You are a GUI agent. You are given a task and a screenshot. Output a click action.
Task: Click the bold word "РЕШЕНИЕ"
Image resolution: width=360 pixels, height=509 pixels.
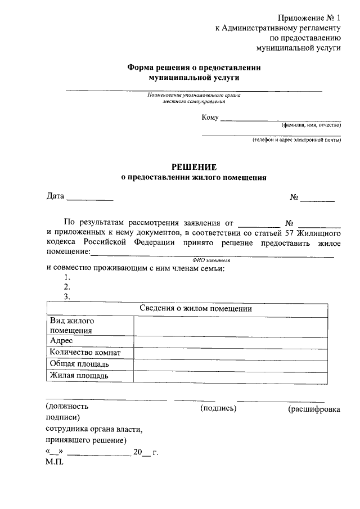pyautogui.click(x=193, y=166)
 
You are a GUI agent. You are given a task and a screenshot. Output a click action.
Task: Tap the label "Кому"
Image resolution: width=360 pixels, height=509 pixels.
pyautogui.click(x=210, y=118)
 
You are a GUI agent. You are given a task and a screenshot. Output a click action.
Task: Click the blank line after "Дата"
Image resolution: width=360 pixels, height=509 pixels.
pyautogui.click(x=90, y=197)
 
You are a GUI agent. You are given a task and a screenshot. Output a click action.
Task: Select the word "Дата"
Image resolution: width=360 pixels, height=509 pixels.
pyautogui.click(x=55, y=197)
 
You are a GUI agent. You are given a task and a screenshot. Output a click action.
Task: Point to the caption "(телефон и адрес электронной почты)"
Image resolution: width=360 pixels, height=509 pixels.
pyautogui.click(x=296, y=139)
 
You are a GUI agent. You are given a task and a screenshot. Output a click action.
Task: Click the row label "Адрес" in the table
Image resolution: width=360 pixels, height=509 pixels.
pyautogui.click(x=61, y=341)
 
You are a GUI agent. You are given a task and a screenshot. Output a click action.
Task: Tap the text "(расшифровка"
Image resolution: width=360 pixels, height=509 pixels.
pyautogui.click(x=313, y=409)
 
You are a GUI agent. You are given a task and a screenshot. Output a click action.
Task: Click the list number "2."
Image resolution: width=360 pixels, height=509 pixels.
pyautogui.click(x=67, y=287)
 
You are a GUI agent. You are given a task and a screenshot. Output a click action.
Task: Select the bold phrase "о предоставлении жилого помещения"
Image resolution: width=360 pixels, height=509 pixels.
pyautogui.click(x=193, y=178)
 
